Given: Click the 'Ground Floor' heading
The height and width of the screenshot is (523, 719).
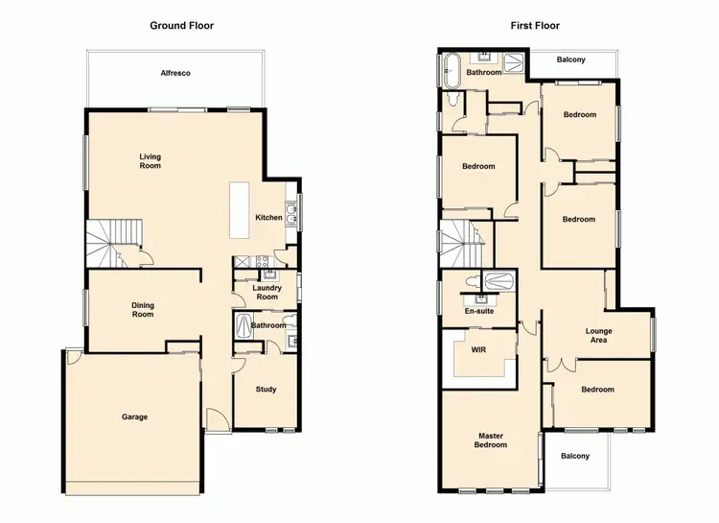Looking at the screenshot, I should pyautogui.click(x=181, y=26).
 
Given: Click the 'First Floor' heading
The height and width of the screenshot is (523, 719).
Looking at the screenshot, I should pyautogui.click(x=535, y=26).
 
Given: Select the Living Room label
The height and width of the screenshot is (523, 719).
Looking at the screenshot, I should pyautogui.click(x=151, y=160).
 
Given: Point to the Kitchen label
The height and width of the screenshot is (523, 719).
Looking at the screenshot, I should pyautogui.click(x=268, y=218).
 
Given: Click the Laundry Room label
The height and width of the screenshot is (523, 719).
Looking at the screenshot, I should pyautogui.click(x=267, y=292).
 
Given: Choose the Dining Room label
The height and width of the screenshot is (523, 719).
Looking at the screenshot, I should pyautogui.click(x=143, y=310).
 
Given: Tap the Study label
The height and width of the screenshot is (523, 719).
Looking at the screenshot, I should pyautogui.click(x=267, y=390).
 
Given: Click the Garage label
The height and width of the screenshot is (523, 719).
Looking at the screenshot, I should pyautogui.click(x=134, y=416).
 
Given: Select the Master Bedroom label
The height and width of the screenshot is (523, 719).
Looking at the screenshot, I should pyautogui.click(x=490, y=440).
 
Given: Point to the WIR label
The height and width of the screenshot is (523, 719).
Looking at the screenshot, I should pyautogui.click(x=478, y=350).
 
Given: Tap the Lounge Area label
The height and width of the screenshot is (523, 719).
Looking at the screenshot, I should pyautogui.click(x=599, y=336).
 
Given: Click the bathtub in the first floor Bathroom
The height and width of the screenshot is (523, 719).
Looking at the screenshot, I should pyautogui.click(x=452, y=71).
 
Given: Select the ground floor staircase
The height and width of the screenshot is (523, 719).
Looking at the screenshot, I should pyautogui.click(x=115, y=243).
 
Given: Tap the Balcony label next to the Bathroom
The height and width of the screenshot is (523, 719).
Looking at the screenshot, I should pyautogui.click(x=573, y=60).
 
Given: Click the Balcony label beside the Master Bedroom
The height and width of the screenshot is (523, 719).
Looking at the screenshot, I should pyautogui.click(x=575, y=456).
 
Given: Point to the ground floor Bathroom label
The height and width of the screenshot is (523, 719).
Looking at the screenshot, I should pyautogui.click(x=268, y=325).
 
